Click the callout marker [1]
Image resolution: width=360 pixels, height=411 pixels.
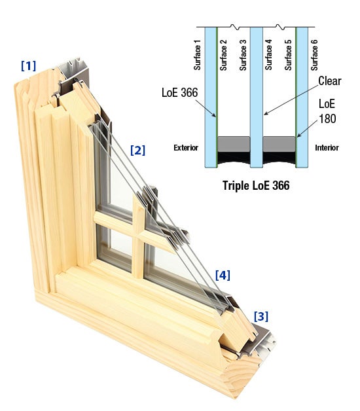[x=28, y=65]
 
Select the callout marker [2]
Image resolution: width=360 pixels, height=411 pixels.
[x=137, y=150]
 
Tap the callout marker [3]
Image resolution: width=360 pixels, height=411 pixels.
[x=261, y=317]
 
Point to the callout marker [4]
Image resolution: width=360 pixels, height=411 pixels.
[x=223, y=275]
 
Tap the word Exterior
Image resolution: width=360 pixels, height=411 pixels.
[x=185, y=148]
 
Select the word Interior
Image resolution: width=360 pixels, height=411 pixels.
[x=327, y=148]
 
